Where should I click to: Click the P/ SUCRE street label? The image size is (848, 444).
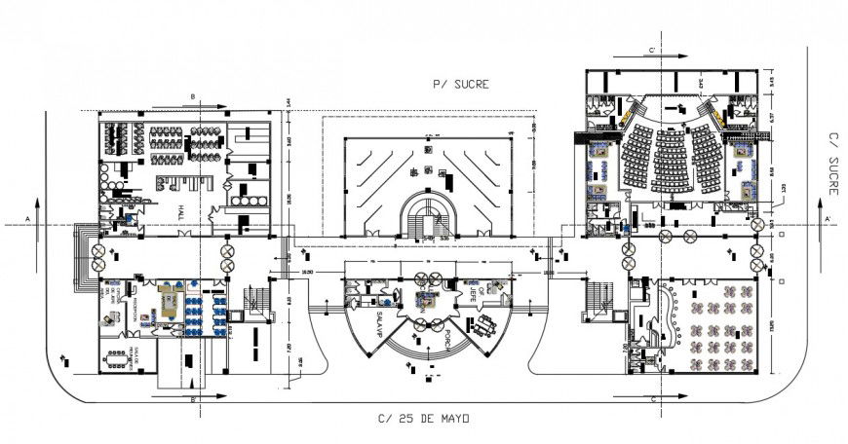tap(460, 85)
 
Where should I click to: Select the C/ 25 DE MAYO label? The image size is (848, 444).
tap(424, 419)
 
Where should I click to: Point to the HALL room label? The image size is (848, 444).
tap(180, 212)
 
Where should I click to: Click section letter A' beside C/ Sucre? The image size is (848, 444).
tap(828, 221)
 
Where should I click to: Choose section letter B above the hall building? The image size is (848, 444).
tap(193, 96)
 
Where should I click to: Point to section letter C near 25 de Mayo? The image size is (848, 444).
tap(652, 399)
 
